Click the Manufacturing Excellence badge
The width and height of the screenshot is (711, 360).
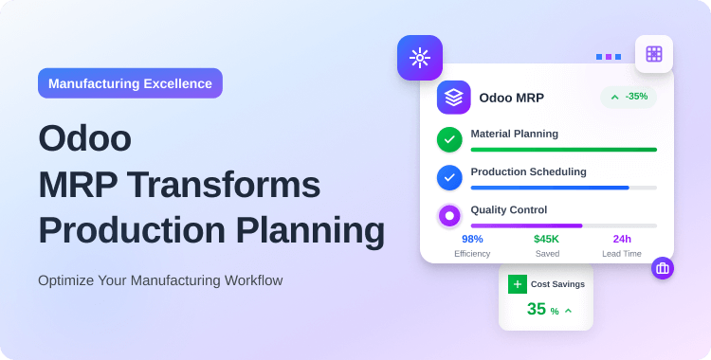130,83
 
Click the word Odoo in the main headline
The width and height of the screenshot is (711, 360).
84,138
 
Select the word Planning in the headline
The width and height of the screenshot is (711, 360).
307,230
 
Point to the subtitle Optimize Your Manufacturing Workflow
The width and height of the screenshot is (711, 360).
160,280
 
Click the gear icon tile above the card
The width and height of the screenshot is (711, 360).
419,58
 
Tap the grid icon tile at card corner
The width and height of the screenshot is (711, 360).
653,54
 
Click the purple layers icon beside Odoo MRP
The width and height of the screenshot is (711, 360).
453,97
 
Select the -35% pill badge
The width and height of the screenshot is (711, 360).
629,97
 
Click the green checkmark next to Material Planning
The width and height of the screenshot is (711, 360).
449,139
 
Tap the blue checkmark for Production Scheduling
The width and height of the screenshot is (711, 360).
449,177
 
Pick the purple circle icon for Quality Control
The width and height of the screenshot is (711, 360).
449,216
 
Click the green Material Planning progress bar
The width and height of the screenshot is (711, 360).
563,150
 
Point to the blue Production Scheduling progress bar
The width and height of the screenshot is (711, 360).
550,188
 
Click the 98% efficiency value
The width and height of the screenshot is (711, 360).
472,239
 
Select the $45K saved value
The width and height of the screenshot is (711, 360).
546,239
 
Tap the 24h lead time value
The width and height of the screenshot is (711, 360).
622,239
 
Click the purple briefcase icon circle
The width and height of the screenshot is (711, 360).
663,268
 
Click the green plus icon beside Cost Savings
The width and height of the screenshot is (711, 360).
517,283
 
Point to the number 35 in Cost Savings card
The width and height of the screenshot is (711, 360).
537,309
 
